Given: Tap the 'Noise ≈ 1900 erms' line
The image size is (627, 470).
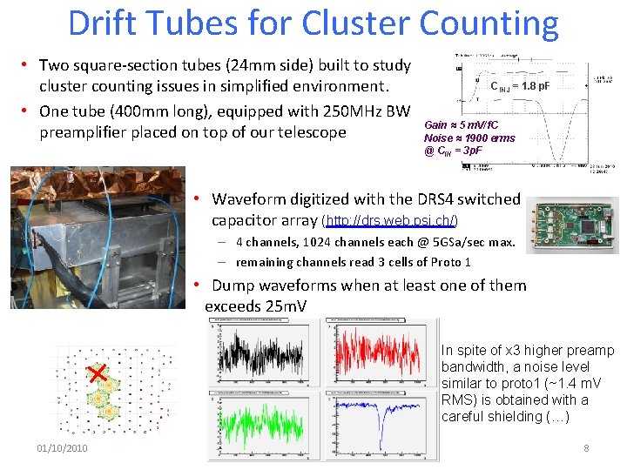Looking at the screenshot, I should coord(469,138).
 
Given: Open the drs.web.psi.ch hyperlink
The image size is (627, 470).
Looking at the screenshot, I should coord(390,221).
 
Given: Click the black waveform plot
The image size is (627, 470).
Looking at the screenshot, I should coord(266,353).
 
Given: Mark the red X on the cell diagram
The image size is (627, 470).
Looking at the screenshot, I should coord(98,373).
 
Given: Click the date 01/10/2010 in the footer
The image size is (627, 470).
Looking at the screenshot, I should coord(62,448).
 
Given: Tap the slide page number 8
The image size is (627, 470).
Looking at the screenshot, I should coord(586,448).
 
